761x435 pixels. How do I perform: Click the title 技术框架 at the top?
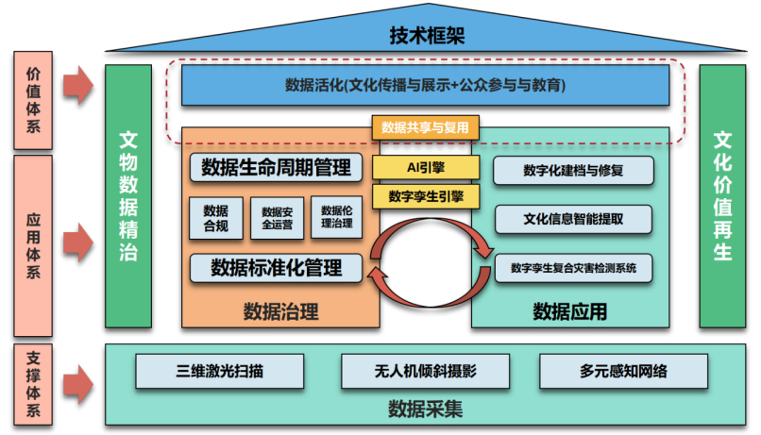tap(427, 36)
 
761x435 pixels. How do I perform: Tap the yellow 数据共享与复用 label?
tap(425, 127)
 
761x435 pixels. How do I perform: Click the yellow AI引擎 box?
tap(425, 167)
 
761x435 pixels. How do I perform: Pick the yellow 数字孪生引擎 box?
tap(425, 196)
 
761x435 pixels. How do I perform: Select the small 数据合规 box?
tap(215, 218)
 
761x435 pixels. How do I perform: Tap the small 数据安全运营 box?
tap(277, 218)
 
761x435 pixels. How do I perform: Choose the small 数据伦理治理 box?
tap(336, 218)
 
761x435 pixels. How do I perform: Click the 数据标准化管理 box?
tap(276, 267)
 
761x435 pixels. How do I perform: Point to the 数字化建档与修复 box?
tap(573, 171)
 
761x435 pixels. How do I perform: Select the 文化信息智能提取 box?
tap(573, 219)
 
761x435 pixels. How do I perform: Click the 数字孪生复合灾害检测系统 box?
tap(573, 268)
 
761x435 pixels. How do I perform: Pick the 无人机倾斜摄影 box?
tap(425, 371)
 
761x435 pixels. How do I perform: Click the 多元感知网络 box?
tap(623, 371)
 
